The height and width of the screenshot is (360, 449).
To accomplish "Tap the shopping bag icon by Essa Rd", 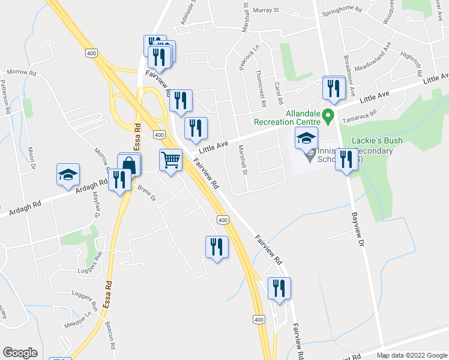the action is tap(130, 164).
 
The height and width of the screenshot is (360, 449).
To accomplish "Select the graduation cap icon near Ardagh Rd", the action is tap(67, 175).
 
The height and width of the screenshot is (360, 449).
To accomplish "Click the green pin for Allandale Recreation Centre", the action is tap(328, 116).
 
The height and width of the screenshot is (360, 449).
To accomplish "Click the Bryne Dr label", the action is tap(146, 192).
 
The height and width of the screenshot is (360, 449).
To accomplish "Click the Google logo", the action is tap(20, 353).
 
